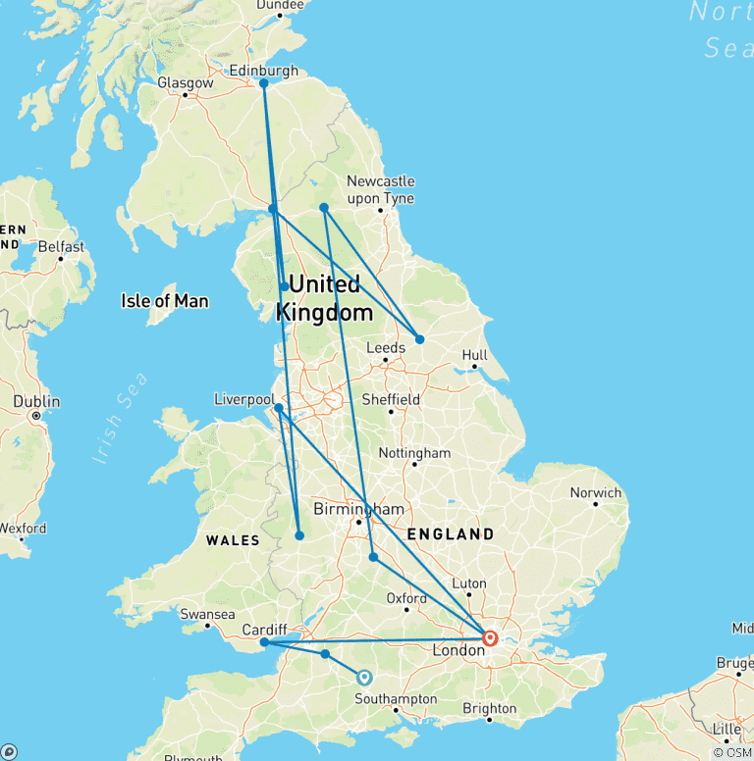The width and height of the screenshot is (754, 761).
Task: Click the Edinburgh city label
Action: tap(262, 71)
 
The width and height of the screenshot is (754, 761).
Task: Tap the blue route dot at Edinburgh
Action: tap(263, 83)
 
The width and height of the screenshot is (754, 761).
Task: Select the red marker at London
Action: tap(489, 638)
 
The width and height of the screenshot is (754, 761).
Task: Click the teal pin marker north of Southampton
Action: tap(364, 677)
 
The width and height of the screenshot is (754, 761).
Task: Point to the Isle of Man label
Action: tap(164, 301)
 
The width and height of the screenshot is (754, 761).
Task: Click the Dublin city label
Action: tap(36, 402)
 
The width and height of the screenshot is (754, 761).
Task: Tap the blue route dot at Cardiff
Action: tap(264, 642)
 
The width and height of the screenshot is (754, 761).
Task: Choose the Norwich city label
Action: tap(596, 492)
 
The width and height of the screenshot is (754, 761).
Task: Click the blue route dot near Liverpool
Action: tap(279, 408)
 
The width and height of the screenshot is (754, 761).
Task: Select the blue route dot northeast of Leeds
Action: tap(419, 339)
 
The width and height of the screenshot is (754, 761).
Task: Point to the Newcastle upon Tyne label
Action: tap(380, 189)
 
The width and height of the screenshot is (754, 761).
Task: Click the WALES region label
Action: tap(233, 540)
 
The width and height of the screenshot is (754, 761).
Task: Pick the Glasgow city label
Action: tap(185, 83)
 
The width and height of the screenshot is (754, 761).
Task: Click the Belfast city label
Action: tap(61, 247)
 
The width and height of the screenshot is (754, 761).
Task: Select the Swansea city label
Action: tap(207, 614)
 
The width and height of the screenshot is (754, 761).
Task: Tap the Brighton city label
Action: tap(489, 708)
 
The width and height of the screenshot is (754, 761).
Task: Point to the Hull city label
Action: tap(474, 355)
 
